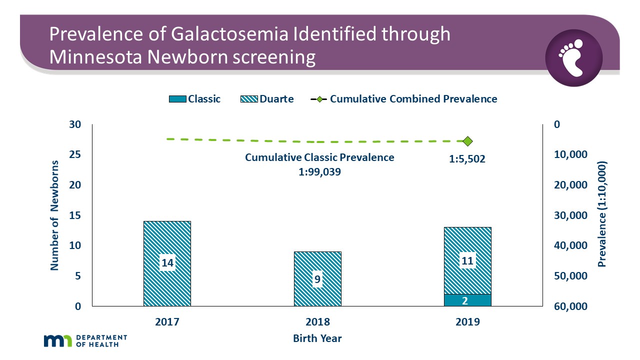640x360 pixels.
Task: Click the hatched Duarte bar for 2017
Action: tap(167, 240)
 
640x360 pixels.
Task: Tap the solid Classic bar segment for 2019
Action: tap(467, 300)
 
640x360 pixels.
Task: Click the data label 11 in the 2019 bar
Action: tap(467, 260)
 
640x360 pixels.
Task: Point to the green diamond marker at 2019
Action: tap(468, 141)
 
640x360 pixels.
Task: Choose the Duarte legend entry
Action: tap(269, 99)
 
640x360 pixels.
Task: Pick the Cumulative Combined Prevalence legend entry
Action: tap(404, 99)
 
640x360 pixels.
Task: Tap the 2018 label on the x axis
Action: tap(317, 321)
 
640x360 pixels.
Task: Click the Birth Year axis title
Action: tap(317, 338)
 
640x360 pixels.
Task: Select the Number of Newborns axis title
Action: tap(54, 215)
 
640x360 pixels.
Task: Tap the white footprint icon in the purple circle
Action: tap(573, 57)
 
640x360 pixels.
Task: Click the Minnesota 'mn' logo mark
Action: tap(58, 341)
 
